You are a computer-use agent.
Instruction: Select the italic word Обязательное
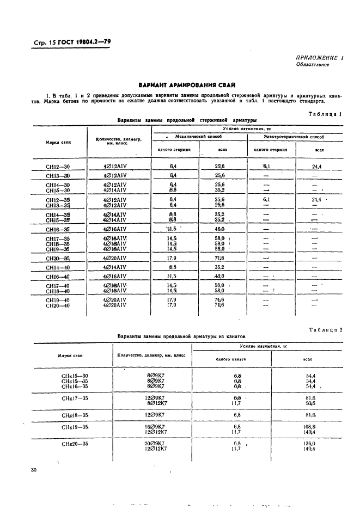pyautogui.click(x=313, y=64)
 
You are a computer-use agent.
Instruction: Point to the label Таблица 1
pyautogui.click(x=325, y=114)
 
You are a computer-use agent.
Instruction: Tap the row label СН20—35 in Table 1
pyautogui.click(x=58, y=258)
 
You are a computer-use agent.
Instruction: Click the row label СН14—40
pyautogui.click(x=58, y=267)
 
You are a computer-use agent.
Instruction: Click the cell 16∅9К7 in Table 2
pyautogui.click(x=155, y=427)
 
